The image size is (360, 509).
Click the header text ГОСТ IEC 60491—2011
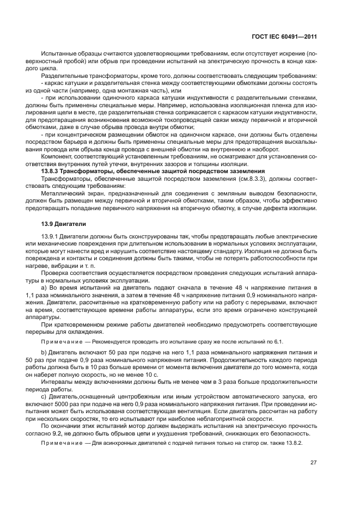[x=286, y=37]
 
